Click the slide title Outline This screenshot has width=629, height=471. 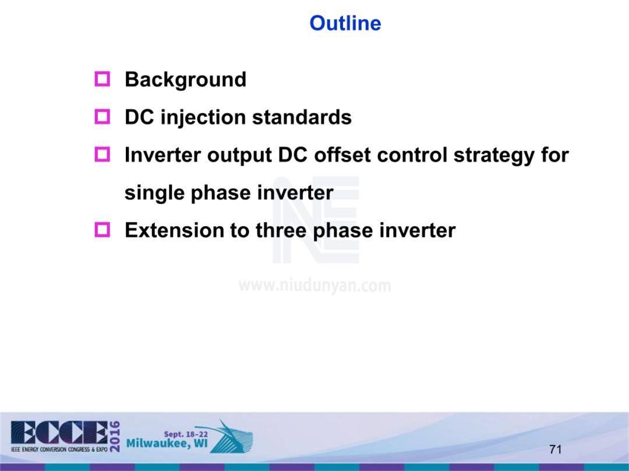tap(345, 23)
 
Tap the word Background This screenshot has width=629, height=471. tap(185, 80)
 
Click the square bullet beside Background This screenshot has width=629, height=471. tap(103, 79)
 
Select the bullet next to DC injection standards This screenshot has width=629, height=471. tap(103, 116)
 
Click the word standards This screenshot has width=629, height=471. tap(302, 117)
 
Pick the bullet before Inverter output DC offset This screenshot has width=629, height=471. tap(103, 154)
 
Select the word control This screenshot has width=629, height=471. tap(412, 155)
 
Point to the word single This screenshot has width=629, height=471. tap(154, 194)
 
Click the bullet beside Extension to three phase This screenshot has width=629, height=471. tap(103, 230)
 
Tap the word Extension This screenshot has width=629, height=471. tap(174, 230)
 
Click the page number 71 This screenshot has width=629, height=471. tap(555, 449)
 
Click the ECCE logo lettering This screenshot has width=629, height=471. tap(59, 433)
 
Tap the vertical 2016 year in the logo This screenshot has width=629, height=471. tap(114, 437)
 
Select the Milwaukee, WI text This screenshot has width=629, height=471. tap(167, 444)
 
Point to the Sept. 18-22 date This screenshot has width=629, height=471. tap(186, 434)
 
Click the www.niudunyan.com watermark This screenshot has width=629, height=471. tap(314, 286)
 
